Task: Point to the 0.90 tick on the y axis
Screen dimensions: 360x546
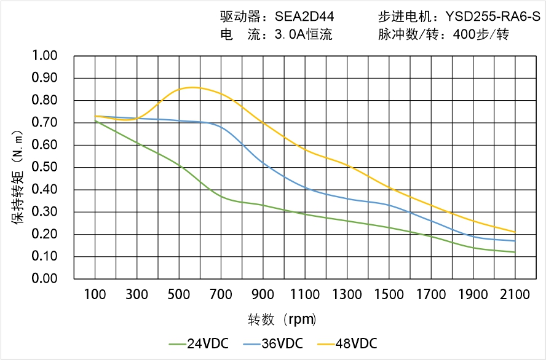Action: pyautogui.click(x=44, y=78)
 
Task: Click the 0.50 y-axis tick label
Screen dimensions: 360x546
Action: pyautogui.click(x=44, y=167)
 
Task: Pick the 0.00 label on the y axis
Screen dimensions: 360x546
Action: pyautogui.click(x=44, y=278)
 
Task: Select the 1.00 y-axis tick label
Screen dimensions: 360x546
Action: pyautogui.click(x=44, y=56)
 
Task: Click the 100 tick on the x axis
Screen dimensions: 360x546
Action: pyautogui.click(x=95, y=295)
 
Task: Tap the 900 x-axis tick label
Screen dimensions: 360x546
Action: pyautogui.click(x=263, y=295)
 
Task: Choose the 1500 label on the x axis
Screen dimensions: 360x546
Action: pyautogui.click(x=389, y=295)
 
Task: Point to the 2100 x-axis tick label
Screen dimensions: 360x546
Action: pyautogui.click(x=515, y=295)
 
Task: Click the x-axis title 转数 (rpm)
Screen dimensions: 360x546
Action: pyautogui.click(x=282, y=319)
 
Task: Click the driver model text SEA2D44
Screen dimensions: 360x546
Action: pyautogui.click(x=303, y=16)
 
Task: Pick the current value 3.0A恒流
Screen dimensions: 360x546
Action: pyautogui.click(x=303, y=34)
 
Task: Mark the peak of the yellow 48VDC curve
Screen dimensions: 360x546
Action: pyautogui.click(x=192, y=87)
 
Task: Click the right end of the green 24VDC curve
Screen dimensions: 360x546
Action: pyautogui.click(x=515, y=252)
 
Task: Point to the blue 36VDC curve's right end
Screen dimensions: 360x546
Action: pyautogui.click(x=515, y=241)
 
